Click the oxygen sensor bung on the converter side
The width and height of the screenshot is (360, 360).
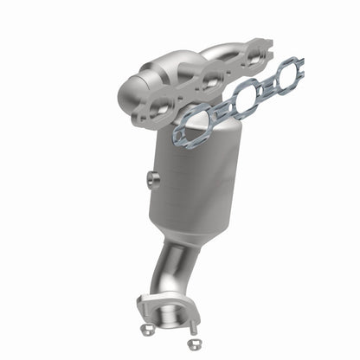tap(151, 179)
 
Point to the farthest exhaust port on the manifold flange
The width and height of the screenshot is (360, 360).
tap(254, 60)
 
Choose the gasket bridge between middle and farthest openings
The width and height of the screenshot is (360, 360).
tap(265, 87)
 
